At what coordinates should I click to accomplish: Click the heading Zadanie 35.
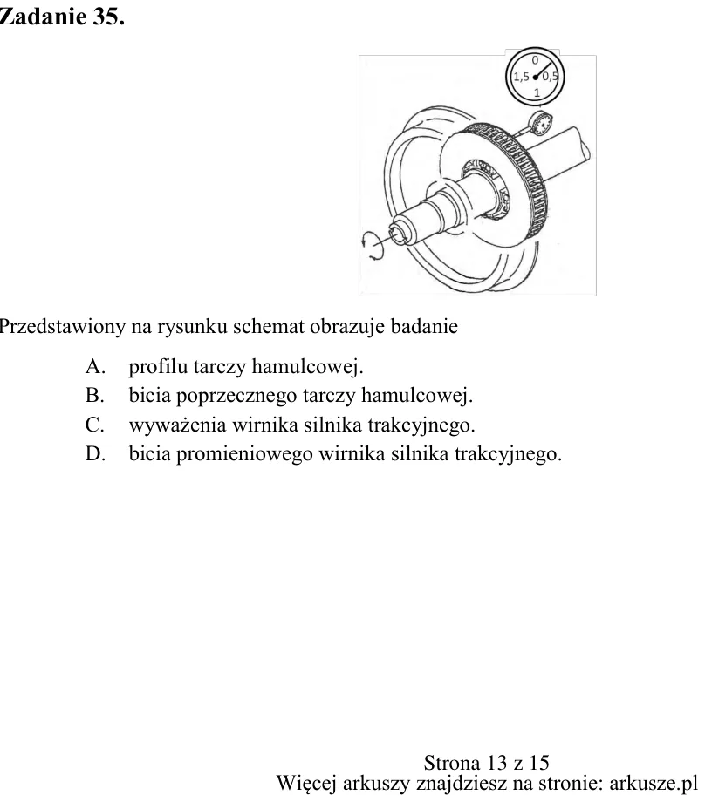pyautogui.click(x=61, y=17)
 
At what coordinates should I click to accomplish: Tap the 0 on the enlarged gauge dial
pyautogui.click(x=535, y=60)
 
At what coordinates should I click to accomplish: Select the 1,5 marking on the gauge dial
pyautogui.click(x=521, y=77)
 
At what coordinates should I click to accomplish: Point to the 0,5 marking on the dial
pyautogui.click(x=551, y=77)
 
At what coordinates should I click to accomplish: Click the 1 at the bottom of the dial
pyautogui.click(x=537, y=92)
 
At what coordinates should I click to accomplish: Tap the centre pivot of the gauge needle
pyautogui.click(x=536, y=78)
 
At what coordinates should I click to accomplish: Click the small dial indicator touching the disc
pyautogui.click(x=539, y=123)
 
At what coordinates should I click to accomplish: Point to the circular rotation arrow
pyautogui.click(x=373, y=246)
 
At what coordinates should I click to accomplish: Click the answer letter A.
pyautogui.click(x=95, y=366)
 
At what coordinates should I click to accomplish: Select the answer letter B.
pyautogui.click(x=95, y=395)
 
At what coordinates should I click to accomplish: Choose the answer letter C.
pyautogui.click(x=95, y=425)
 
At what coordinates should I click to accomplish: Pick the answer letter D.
pyautogui.click(x=95, y=453)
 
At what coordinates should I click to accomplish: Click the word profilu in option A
pyautogui.click(x=158, y=367)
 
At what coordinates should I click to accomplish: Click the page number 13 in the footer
pyautogui.click(x=496, y=763)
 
